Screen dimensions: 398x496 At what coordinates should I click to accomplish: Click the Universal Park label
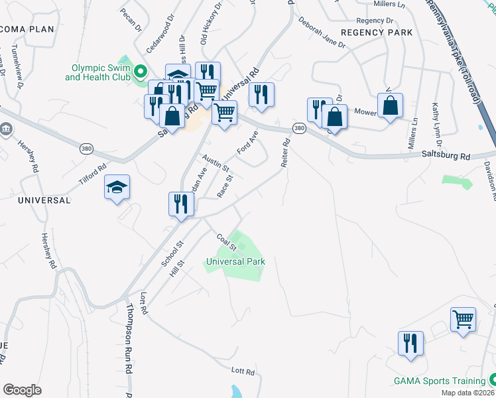click(235, 261)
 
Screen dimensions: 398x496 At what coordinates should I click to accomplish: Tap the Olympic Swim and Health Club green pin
click(141, 72)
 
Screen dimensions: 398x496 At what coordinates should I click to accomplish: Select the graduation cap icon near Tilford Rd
click(117, 187)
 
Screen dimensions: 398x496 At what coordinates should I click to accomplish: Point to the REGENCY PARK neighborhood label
click(376, 33)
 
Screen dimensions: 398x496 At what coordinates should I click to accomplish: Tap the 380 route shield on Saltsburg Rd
click(299, 128)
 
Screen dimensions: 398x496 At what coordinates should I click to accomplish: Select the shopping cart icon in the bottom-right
click(463, 318)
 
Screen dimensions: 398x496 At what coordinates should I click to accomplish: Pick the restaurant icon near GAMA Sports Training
click(410, 343)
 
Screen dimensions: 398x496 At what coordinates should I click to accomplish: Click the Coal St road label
click(227, 241)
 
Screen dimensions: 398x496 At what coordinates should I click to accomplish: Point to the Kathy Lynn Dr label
click(437, 124)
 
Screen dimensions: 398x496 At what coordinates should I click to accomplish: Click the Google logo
click(22, 390)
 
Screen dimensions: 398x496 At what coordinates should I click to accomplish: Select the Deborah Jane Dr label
click(322, 37)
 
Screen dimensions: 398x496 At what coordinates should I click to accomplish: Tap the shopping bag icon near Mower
click(390, 105)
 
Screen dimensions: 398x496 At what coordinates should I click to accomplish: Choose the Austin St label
click(216, 163)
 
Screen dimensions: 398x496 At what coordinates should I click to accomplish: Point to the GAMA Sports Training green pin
click(493, 379)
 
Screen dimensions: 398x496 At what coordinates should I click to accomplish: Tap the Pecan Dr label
click(131, 20)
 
